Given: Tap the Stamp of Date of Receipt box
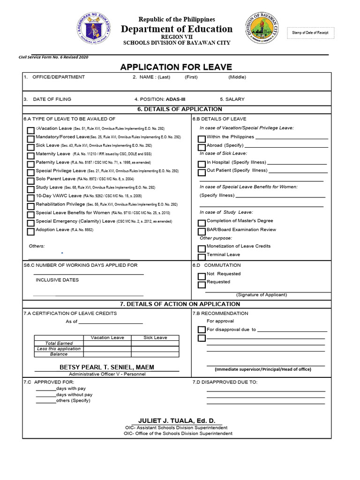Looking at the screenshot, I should [x=310, y=33].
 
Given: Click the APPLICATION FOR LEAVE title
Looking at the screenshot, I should [x=176, y=67].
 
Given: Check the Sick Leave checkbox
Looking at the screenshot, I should [x=30, y=147].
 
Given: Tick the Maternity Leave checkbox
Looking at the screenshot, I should [x=30, y=156].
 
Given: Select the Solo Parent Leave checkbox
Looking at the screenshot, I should [x=30, y=180].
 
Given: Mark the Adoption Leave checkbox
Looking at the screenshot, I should [x=30, y=232].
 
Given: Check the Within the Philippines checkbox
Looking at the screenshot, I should [x=202, y=139].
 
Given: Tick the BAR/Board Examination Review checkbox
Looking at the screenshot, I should [x=202, y=231].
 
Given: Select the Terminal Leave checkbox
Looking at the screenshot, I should [x=202, y=256].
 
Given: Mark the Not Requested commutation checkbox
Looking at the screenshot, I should [x=202, y=276].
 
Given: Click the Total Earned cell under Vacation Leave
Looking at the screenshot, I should [x=107, y=343].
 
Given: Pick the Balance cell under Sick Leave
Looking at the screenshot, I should [x=155, y=354].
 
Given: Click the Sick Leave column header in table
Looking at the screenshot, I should [x=155, y=337].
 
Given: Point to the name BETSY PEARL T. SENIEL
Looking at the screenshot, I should [x=107, y=367].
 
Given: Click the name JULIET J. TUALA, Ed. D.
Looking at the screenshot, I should [x=177, y=421].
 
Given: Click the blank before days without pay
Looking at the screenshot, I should [x=45, y=395].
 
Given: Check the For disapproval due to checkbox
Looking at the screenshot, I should [x=202, y=330].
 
